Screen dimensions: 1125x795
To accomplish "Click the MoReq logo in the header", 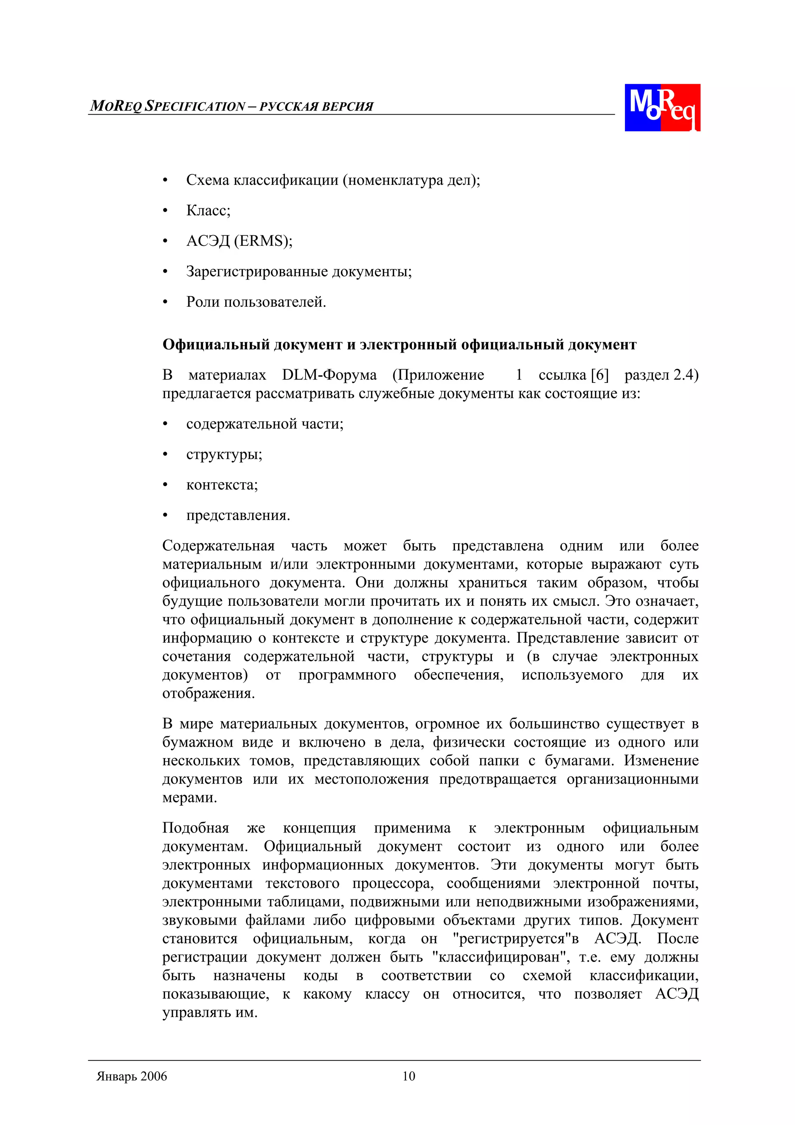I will [662, 107].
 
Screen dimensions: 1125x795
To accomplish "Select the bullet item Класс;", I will [208, 211].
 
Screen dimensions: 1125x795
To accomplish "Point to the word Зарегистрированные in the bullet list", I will [257, 271].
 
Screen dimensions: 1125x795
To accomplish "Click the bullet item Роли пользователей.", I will [256, 302].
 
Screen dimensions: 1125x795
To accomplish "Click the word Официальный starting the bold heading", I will [215, 345].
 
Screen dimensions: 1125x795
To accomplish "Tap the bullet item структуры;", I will [224, 454].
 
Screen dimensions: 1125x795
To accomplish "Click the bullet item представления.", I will [238, 515].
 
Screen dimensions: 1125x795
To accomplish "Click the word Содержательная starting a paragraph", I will [219, 546].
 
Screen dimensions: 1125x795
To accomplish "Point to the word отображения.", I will [208, 693].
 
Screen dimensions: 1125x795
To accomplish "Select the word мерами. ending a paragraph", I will [189, 797].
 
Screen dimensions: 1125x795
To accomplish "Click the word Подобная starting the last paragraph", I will [195, 828].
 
